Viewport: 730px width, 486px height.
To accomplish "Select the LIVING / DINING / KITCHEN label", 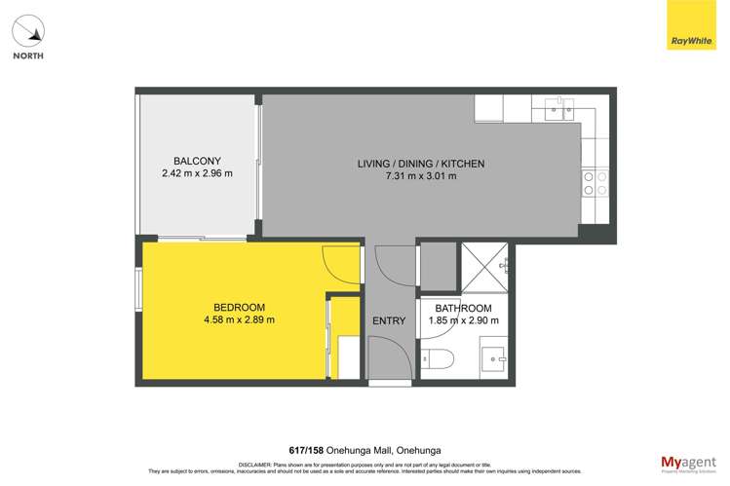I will click(x=421, y=163).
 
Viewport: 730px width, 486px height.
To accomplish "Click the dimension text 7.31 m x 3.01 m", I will click(x=421, y=176).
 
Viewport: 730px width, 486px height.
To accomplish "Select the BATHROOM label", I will click(x=463, y=308).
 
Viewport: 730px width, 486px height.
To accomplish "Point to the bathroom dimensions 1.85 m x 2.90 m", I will click(x=463, y=320).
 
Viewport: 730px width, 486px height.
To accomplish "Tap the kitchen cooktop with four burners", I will click(x=595, y=182).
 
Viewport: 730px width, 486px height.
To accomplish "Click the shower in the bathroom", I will click(x=483, y=267).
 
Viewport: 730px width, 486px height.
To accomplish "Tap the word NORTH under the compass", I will click(x=28, y=56).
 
